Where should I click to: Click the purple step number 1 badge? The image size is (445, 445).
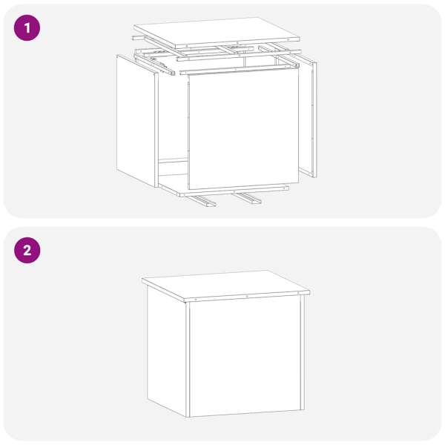[27, 28]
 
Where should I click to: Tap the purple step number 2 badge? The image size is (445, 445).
[27, 251]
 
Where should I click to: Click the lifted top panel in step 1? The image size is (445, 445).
[217, 32]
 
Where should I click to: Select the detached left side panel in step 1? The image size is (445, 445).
[137, 121]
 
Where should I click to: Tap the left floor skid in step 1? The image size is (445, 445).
[204, 200]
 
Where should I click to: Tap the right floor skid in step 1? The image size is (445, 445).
[248, 198]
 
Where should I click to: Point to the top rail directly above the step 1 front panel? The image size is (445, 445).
[239, 69]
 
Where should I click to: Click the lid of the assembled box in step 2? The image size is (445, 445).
[225, 286]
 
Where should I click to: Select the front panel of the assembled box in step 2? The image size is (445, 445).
[245, 357]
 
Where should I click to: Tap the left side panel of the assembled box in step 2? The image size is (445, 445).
[168, 351]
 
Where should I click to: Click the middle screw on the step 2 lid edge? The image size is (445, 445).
[247, 296]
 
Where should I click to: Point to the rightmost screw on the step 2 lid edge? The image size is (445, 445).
[298, 293]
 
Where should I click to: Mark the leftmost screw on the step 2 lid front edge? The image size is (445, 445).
[196, 300]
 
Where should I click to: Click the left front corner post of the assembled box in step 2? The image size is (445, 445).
[188, 359]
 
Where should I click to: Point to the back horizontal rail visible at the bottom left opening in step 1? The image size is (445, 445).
[173, 161]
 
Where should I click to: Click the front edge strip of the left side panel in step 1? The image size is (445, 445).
[156, 130]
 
